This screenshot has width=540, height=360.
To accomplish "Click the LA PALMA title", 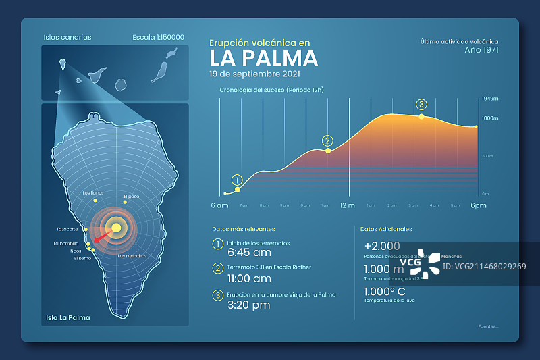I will [x=263, y=58].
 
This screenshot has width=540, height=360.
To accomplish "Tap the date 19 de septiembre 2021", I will [x=254, y=74].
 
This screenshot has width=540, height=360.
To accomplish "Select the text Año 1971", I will [x=481, y=50].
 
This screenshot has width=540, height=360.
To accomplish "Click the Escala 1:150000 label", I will [x=159, y=38].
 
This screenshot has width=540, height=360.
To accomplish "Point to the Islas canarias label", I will [x=67, y=38].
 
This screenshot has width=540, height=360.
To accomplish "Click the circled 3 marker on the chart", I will [x=422, y=104].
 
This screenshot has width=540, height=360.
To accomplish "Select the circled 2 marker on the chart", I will [x=327, y=140].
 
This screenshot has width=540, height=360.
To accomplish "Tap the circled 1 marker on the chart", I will [x=237, y=180].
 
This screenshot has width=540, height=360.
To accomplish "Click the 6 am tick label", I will [x=219, y=205].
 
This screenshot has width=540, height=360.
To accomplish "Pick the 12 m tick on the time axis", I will [x=347, y=205].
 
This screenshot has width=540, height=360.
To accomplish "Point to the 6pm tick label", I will [x=479, y=205].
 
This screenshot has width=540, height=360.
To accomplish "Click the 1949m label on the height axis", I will [x=489, y=99].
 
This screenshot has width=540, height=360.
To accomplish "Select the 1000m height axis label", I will [x=489, y=118].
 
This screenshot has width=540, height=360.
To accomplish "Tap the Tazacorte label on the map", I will [x=67, y=229].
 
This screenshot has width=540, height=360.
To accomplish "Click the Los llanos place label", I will [x=93, y=193].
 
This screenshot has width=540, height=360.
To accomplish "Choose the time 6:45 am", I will [x=249, y=253].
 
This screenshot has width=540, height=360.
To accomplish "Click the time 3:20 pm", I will [x=249, y=305].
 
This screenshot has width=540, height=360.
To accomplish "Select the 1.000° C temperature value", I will [x=384, y=292].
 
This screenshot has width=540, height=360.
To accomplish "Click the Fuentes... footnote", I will [x=488, y=327].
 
